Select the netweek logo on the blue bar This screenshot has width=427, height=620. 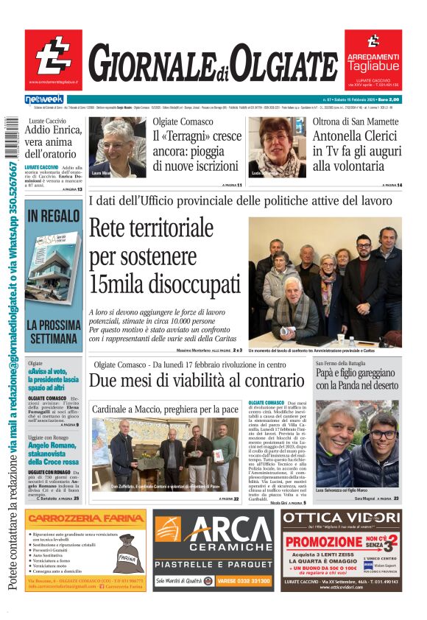(44, 99)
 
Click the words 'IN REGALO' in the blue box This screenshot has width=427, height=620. (53, 216)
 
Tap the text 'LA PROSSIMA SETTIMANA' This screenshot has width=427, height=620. (53, 331)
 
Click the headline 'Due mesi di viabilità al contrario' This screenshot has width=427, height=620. (197, 381)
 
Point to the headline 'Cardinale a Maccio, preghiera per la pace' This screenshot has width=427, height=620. (165, 409)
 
